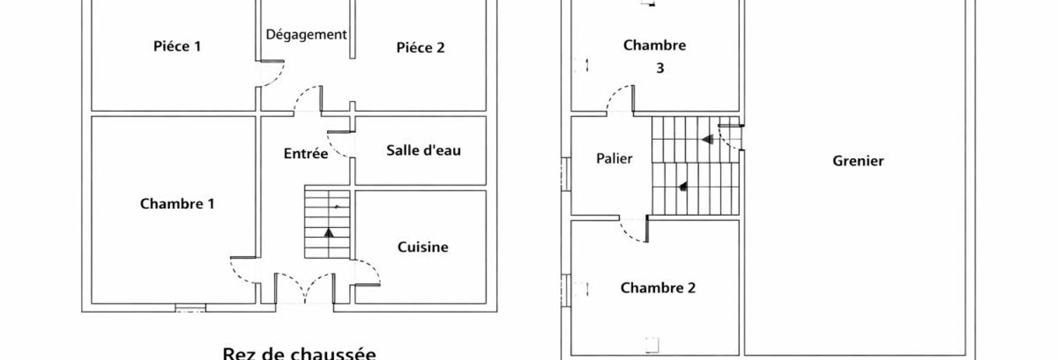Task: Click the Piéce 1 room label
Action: [177, 46]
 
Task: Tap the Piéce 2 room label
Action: [421, 48]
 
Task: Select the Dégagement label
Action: [307, 35]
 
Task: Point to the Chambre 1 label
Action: [177, 204]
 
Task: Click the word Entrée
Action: [305, 153]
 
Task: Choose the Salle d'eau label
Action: [423, 150]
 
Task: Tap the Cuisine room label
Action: [423, 247]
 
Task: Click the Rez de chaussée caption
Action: [300, 354]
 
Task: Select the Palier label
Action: [614, 158]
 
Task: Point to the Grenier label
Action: [858, 161]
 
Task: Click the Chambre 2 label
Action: [658, 288]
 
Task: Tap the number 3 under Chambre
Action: [660, 68]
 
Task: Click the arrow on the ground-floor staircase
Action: [329, 232]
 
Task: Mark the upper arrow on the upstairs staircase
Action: [707, 139]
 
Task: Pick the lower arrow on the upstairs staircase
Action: [683, 186]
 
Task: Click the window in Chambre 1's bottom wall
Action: [191, 308]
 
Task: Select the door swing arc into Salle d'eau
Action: [337, 147]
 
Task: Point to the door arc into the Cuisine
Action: [371, 267]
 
